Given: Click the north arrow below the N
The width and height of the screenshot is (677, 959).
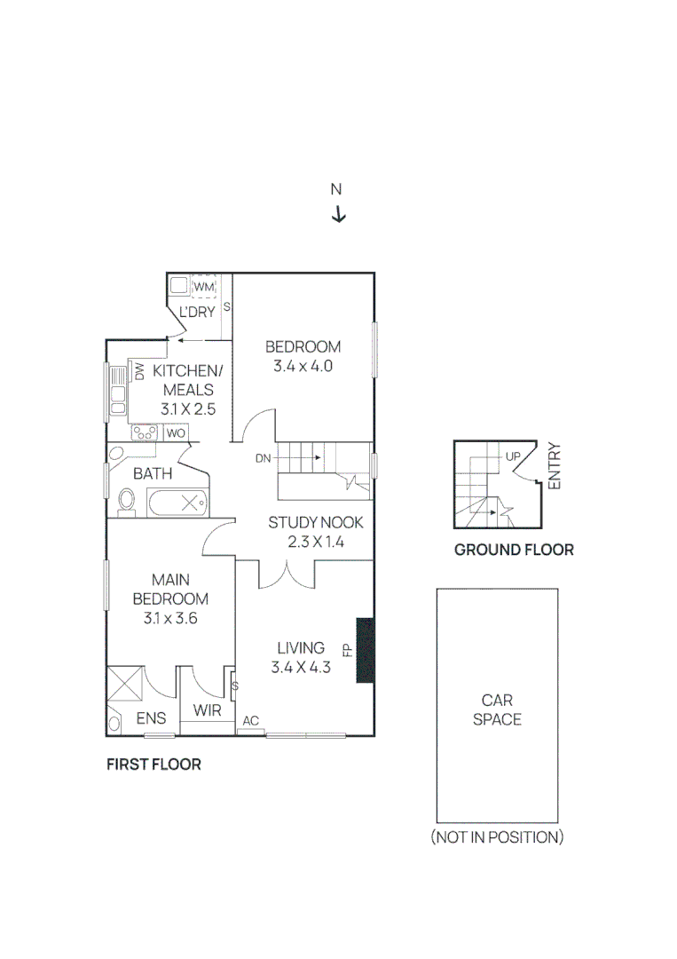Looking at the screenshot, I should [338, 215].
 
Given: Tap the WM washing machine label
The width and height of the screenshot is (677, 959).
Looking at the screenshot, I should [205, 287].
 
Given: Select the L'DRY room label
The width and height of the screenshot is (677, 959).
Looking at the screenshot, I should [197, 312].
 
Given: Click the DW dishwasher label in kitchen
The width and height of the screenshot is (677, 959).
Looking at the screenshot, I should [139, 371].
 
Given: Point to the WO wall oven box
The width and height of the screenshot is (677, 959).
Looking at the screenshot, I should [176, 433].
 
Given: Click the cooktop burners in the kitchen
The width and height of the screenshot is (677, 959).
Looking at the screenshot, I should [145, 433].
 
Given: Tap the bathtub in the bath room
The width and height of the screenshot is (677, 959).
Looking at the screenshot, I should [178, 503].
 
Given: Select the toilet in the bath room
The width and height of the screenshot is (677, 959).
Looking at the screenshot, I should [126, 501].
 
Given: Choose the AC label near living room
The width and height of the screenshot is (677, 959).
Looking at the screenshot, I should [250, 721].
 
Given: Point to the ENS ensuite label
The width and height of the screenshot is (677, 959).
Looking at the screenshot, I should [152, 717].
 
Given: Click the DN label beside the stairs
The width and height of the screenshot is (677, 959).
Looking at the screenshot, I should [263, 458].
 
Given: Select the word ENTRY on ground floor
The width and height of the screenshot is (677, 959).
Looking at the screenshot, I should [555, 466].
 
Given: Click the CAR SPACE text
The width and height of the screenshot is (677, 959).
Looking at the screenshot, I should [497, 709].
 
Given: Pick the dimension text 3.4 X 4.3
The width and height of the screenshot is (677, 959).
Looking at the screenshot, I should [301, 668].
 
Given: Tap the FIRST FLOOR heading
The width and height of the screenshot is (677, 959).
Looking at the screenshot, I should [154, 765].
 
